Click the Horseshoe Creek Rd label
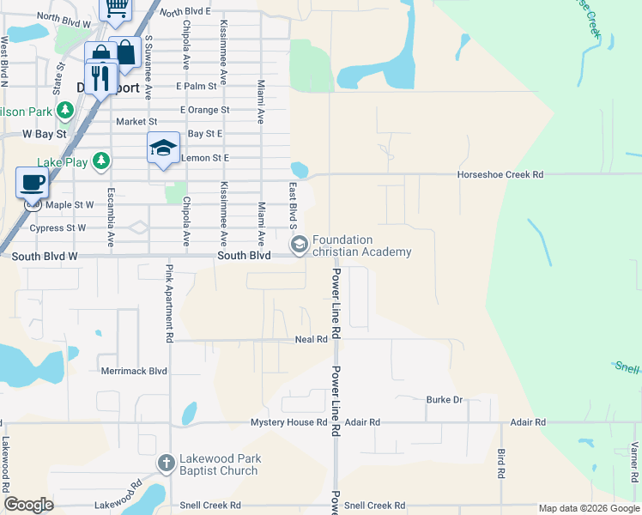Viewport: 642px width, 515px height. click(501, 174)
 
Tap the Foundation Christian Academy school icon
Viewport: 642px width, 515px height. click(300, 245)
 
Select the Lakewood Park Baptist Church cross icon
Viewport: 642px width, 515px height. click(167, 464)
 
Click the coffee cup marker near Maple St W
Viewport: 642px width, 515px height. click(33, 183)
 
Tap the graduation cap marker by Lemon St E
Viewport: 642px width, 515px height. click(163, 148)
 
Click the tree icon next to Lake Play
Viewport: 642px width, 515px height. click(102, 161)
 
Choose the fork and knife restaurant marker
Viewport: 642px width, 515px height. click(100, 79)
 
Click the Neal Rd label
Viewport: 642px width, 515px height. click(311, 340)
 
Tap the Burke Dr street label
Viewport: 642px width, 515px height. click(445, 400)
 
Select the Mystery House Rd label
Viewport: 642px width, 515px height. click(288, 423)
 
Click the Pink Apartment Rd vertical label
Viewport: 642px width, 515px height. click(170, 304)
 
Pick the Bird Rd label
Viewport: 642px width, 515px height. click(501, 463)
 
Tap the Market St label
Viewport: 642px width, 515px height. click(131, 122)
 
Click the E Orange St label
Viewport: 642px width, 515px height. click(204, 110)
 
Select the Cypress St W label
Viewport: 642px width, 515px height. click(58, 228)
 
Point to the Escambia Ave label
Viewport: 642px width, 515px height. click(111, 218)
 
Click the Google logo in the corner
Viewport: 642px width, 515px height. click(28, 505)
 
